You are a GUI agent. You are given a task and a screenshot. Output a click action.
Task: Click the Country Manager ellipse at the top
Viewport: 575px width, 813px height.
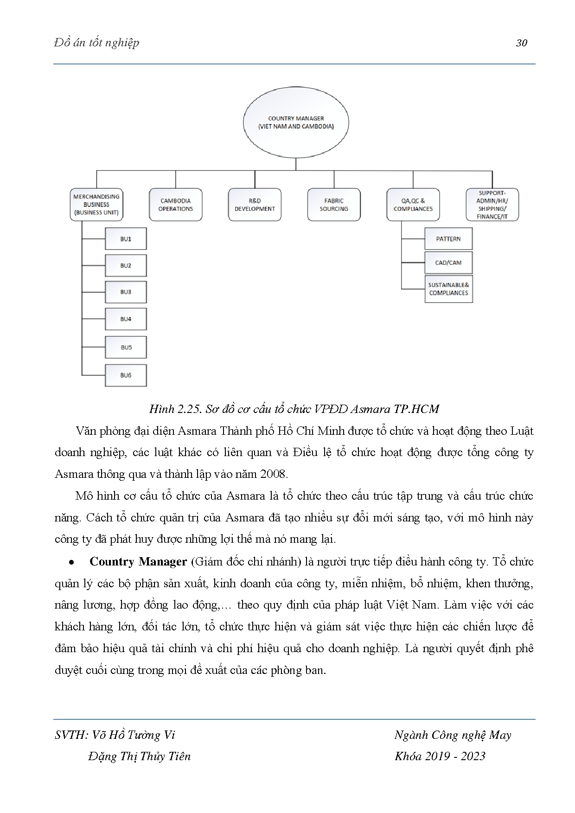pyautogui.click(x=296, y=122)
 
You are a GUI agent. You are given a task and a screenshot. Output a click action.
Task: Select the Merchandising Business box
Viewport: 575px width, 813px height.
pyautogui.click(x=96, y=204)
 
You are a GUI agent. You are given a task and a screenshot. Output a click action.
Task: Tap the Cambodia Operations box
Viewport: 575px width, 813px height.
pyautogui.click(x=176, y=204)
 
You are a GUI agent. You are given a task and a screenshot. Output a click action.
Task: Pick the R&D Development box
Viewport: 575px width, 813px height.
pyautogui.click(x=255, y=204)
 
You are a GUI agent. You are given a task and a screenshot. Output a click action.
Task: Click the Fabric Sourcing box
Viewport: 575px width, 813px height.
pyautogui.click(x=334, y=204)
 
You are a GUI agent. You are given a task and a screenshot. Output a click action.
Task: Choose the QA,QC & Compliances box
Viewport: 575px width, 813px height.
pyautogui.click(x=413, y=204)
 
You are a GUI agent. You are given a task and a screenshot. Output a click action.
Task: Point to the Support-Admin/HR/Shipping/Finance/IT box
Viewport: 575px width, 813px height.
pyautogui.click(x=492, y=204)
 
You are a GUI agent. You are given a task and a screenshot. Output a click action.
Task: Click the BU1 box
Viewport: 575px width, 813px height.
pyautogui.click(x=126, y=239)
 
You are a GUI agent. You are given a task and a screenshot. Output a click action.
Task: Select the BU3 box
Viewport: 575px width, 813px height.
pyautogui.click(x=126, y=292)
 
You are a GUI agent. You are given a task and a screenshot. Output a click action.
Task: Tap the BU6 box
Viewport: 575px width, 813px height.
pyautogui.click(x=126, y=375)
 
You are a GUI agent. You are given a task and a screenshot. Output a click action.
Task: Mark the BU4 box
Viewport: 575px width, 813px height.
pyautogui.click(x=126, y=319)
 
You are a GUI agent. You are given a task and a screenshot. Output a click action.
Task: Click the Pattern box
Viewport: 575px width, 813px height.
pyautogui.click(x=448, y=239)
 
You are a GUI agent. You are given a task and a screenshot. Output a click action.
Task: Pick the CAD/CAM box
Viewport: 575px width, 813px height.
pyautogui.click(x=448, y=263)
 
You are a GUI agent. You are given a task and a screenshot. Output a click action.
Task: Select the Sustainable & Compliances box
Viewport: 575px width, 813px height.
pyautogui.click(x=448, y=289)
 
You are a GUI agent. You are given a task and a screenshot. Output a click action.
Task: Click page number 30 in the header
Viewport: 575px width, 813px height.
pyautogui.click(x=522, y=43)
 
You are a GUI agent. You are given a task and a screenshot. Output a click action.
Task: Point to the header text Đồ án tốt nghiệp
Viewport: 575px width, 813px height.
pyautogui.click(x=96, y=43)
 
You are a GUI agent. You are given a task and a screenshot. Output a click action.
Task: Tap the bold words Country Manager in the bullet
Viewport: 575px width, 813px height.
pyautogui.click(x=138, y=562)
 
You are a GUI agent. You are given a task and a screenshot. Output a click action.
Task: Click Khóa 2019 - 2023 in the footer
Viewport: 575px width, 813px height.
pyautogui.click(x=440, y=756)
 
